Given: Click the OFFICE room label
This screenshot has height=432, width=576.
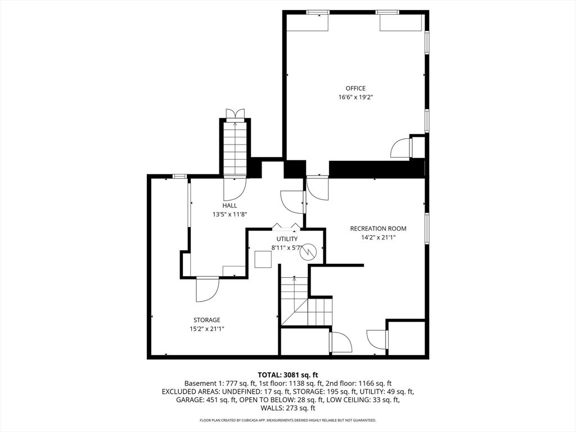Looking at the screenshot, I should [355, 88].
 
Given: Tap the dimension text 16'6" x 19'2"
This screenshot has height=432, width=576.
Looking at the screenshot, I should [355, 97].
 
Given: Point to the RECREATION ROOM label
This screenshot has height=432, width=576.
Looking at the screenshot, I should [378, 229].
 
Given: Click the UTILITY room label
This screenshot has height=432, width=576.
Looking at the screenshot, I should [287, 239].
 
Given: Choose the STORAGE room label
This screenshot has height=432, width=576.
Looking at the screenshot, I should [207, 320].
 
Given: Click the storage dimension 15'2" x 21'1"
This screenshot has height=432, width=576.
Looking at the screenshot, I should [207, 329].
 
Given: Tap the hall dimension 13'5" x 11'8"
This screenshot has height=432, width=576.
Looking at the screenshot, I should [229, 214].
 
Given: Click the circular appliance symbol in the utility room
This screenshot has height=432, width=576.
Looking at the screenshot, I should [308, 253].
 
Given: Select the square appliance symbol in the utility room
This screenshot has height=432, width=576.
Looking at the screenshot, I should [263, 259].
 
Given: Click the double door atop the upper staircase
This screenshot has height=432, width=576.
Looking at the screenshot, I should [235, 114].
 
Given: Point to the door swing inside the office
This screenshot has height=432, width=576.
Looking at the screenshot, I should [400, 148].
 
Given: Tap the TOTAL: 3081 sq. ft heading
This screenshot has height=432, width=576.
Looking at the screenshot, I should [288, 375].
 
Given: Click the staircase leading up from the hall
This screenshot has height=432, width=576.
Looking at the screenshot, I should [235, 149].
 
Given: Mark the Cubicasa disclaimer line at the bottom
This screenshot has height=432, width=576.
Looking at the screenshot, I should [288, 420].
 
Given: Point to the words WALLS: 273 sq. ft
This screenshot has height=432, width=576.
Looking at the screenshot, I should [288, 408].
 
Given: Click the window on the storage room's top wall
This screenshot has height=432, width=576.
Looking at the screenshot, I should [179, 177].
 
